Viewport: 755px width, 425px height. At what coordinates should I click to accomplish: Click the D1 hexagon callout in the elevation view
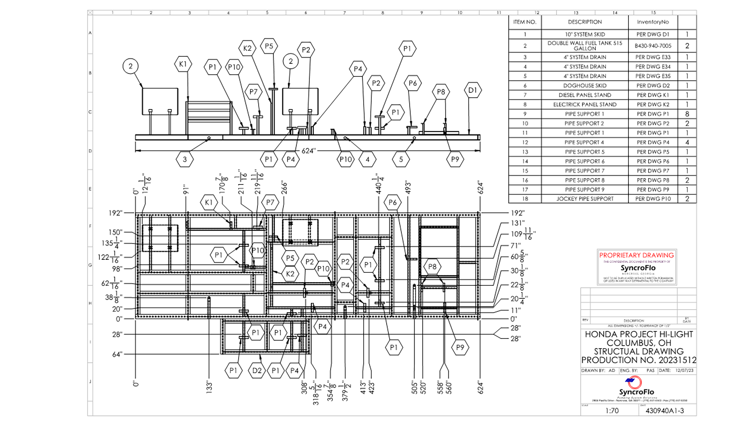(x=472, y=90)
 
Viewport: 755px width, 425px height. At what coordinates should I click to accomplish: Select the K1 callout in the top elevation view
(x=183, y=64)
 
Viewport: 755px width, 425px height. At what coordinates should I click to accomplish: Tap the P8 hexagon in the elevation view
(x=441, y=92)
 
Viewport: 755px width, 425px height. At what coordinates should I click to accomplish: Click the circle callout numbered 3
(x=184, y=159)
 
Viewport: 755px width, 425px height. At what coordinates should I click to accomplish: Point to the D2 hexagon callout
(x=257, y=370)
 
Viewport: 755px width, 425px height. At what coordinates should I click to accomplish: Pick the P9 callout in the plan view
(x=460, y=347)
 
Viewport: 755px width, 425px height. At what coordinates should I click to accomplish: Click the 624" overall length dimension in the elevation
(x=308, y=151)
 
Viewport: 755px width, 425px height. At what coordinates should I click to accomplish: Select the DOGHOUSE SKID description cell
(x=585, y=85)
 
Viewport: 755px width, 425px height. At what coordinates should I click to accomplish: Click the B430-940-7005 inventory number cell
(x=653, y=46)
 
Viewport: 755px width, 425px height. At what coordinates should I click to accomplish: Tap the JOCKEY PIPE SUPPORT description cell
(x=585, y=199)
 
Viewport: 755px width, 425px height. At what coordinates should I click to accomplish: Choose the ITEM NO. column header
(x=525, y=22)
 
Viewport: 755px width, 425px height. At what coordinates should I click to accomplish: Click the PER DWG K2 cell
(x=653, y=104)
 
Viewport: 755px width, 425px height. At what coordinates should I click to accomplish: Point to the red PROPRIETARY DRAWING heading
(x=636, y=255)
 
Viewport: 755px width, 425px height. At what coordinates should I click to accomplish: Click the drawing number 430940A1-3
(x=665, y=410)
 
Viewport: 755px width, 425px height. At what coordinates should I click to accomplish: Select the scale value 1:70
(x=612, y=410)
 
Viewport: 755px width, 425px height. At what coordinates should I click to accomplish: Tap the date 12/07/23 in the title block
(x=684, y=370)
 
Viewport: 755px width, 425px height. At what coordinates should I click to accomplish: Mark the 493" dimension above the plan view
(x=408, y=188)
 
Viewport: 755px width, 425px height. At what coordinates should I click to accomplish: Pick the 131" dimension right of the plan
(x=517, y=223)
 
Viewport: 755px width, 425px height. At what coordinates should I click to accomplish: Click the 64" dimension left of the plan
(x=117, y=354)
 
